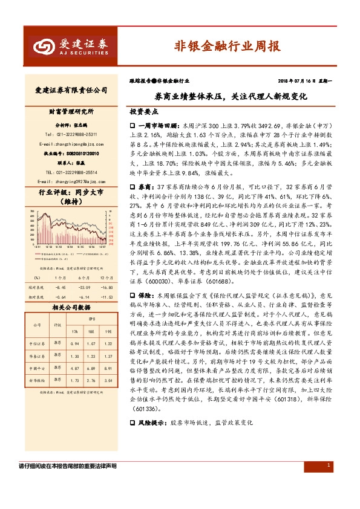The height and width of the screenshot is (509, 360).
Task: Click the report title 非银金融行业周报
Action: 227,46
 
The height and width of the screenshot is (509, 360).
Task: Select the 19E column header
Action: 108,331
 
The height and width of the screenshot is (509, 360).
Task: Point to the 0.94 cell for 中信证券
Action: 76,343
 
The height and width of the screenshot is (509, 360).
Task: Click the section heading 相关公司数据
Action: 67,307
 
